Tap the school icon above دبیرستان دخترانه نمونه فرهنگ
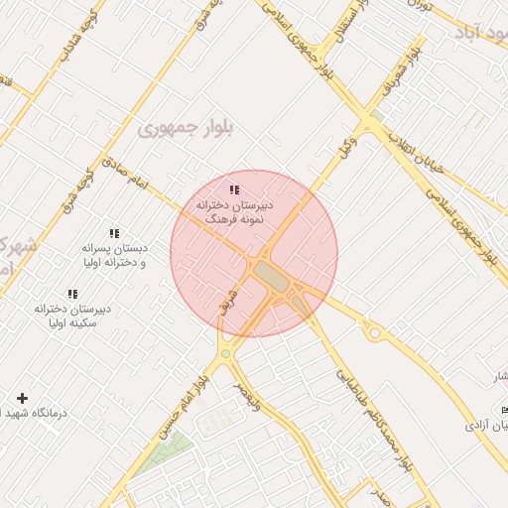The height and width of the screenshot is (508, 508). [235, 189]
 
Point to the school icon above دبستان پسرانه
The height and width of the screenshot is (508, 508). [114, 233]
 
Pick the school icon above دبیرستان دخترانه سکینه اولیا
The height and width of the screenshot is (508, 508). [72, 294]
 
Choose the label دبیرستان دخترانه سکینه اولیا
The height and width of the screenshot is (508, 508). [71, 316]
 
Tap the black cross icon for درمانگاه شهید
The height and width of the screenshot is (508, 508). [22, 397]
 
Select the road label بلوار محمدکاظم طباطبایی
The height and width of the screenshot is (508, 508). [372, 418]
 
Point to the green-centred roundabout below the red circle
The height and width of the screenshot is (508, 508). [226, 353]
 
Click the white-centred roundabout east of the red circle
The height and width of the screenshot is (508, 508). [374, 333]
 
